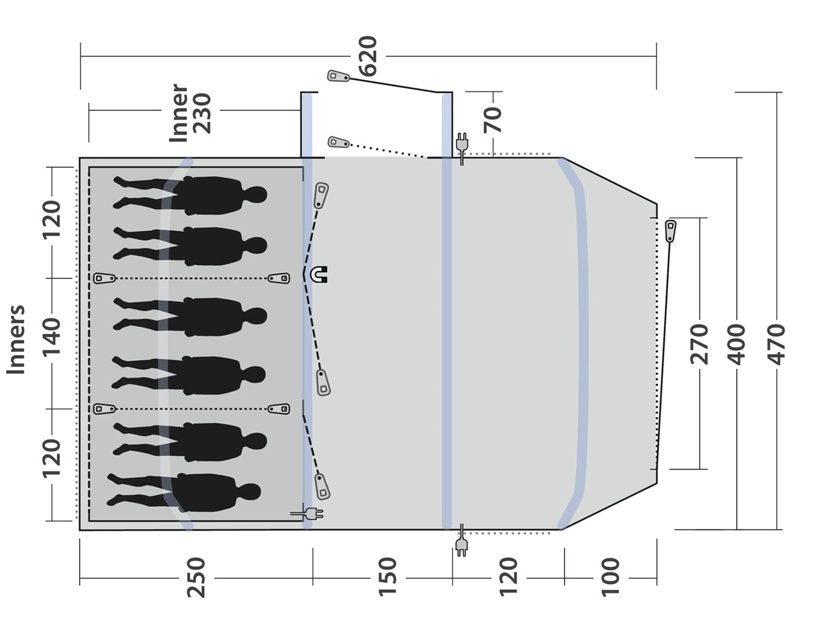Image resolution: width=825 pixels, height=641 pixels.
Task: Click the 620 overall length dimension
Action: [x=368, y=56]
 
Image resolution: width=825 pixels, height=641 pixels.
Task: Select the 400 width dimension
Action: [x=737, y=345]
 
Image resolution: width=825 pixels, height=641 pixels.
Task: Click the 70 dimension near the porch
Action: [x=493, y=120]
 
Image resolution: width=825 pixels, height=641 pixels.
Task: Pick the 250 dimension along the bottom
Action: [x=196, y=577]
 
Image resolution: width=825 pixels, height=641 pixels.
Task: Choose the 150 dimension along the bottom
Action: [x=388, y=577]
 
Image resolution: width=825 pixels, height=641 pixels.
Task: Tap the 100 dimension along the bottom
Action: [x=611, y=577]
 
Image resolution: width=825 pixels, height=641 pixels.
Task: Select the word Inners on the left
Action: [x=16, y=339]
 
